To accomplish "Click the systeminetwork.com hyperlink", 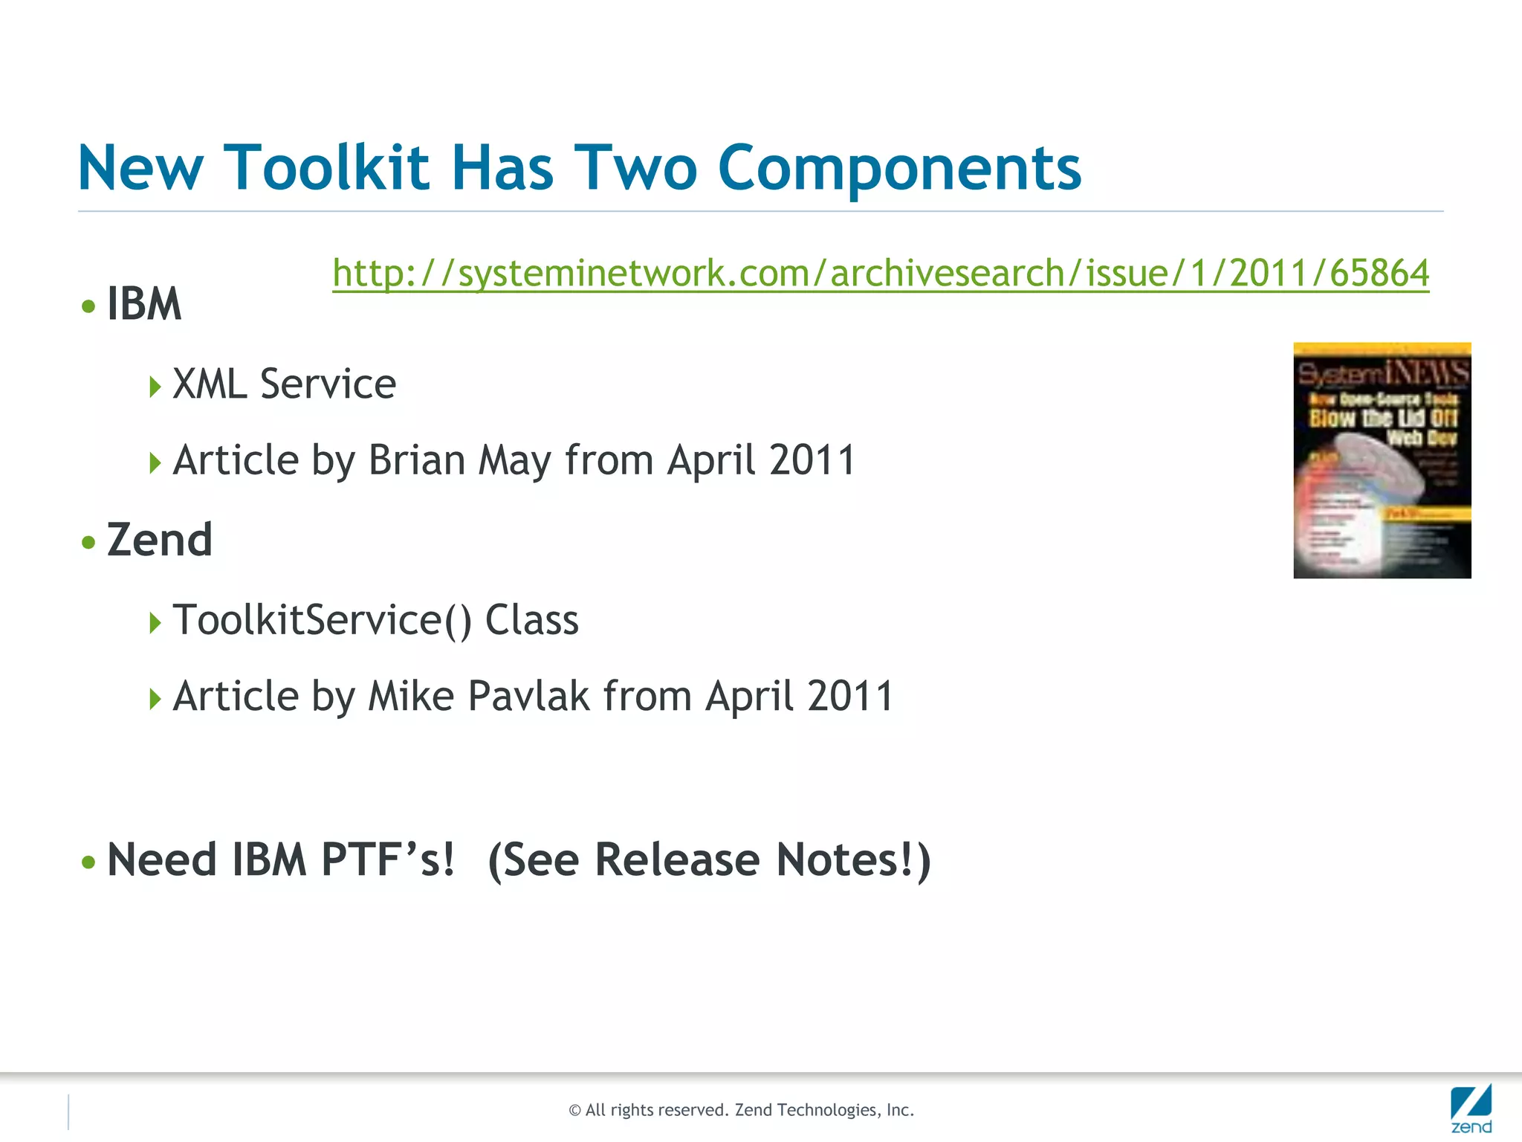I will pyautogui.click(x=880, y=273).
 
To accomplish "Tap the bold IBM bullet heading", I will pyautogui.click(x=144, y=304).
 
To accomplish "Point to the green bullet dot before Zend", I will pyautogui.click(x=89, y=542).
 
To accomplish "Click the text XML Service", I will pyautogui.click(x=284, y=384).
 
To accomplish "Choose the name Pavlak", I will pyautogui.click(x=529, y=697).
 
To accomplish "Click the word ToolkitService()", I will pyautogui.click(x=322, y=620).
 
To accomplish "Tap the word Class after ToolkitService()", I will pyautogui.click(x=531, y=620).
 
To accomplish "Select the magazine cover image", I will pyautogui.click(x=1382, y=460).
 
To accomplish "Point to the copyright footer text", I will pyautogui.click(x=741, y=1110).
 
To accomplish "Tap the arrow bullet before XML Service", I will pyautogui.click(x=155, y=387).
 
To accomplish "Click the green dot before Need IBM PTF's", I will pyautogui.click(x=89, y=862).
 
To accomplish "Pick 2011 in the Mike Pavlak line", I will pyautogui.click(x=850, y=697).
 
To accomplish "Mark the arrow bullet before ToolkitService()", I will pyautogui.click(x=155, y=622).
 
